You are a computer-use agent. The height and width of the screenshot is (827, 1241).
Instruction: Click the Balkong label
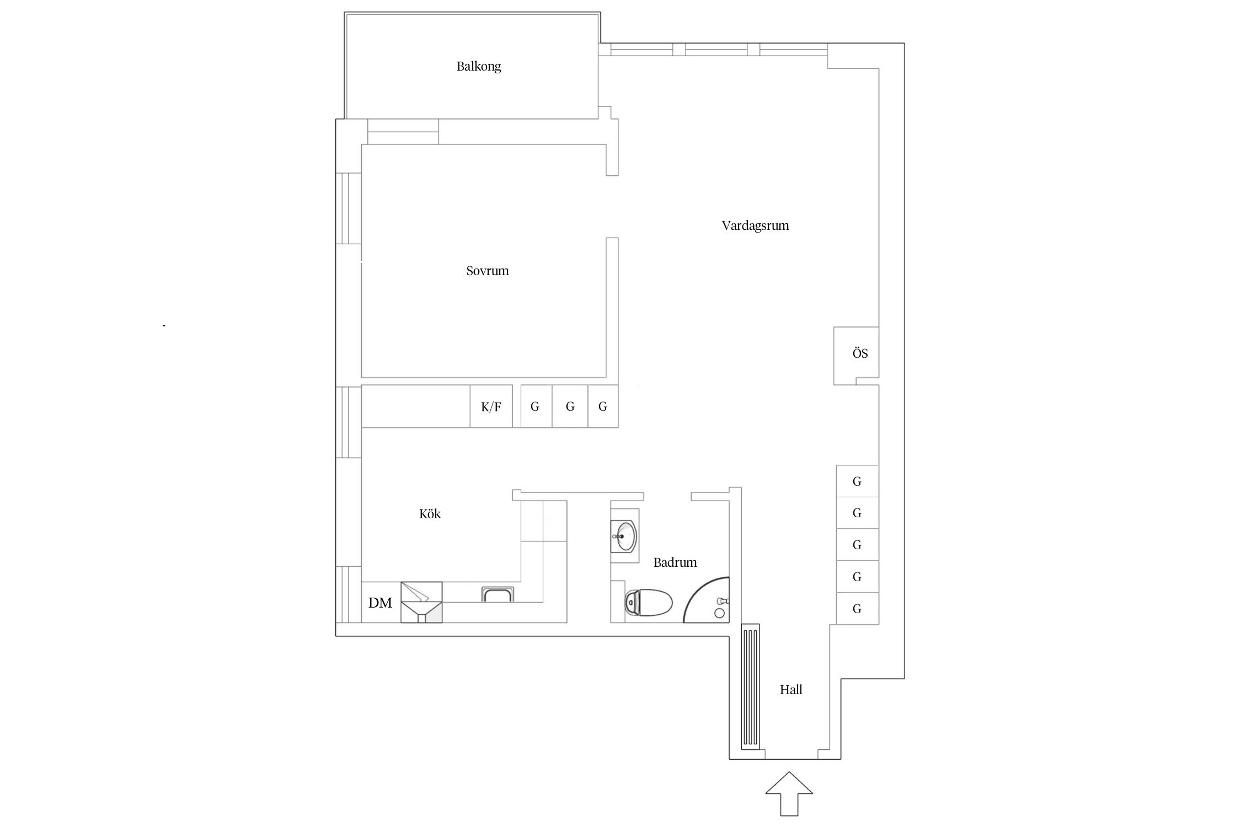478,67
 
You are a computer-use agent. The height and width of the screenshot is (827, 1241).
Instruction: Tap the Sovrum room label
487,271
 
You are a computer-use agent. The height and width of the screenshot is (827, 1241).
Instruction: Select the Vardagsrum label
755,225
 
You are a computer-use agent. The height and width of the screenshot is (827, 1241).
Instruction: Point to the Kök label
430,514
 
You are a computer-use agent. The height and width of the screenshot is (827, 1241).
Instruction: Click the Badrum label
675,562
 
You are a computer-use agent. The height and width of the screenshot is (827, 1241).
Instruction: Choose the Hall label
790,690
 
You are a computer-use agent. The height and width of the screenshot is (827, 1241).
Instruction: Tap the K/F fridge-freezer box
491,407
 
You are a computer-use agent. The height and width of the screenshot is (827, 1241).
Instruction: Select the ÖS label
860,353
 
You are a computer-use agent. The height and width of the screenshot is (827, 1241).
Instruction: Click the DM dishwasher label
380,603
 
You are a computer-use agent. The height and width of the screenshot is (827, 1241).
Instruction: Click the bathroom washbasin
625,535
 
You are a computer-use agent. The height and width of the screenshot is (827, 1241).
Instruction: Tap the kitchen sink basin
498,594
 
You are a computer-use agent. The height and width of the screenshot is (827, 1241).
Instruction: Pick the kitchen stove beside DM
421,602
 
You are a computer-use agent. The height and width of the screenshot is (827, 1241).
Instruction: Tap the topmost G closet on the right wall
857,481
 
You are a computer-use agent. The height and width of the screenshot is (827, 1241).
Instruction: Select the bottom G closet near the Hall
857,609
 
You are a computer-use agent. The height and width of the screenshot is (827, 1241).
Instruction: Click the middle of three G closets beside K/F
570,407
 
